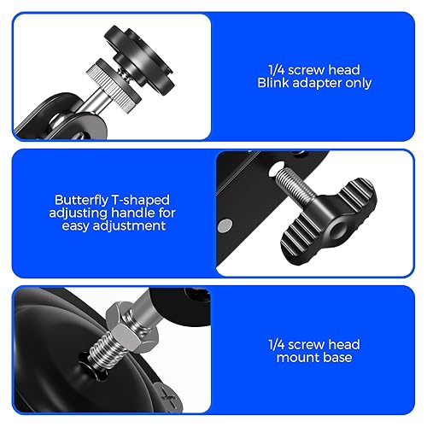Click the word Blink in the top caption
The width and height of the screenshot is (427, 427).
tap(273, 83)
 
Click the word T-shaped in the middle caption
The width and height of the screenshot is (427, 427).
tap(140, 201)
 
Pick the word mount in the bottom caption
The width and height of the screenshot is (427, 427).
tap(296, 358)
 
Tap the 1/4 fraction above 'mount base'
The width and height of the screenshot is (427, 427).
tap(277, 344)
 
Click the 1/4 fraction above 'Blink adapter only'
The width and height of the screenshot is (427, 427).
tap(277, 70)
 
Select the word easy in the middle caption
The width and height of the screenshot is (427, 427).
tap(75, 226)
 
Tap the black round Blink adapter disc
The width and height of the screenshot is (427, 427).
tap(139, 60)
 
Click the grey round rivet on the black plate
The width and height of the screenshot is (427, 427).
tap(225, 226)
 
